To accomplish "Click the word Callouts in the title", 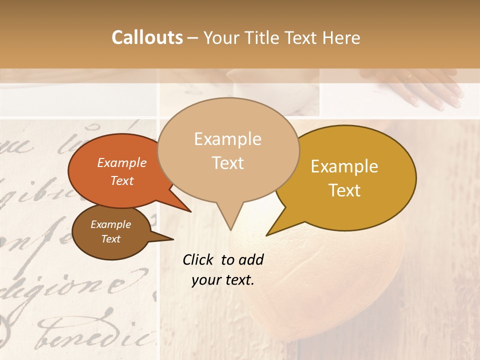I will point(147,37).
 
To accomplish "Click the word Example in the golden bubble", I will point(344,166).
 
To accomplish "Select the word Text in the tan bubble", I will point(228,163).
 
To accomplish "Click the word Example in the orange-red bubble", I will point(122,163).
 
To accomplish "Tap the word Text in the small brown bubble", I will point(111,239).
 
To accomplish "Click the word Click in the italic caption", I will point(199,259).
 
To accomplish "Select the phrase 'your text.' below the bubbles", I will point(223,280).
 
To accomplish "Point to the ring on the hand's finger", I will point(410,76).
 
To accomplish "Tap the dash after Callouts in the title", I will point(193,38).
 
